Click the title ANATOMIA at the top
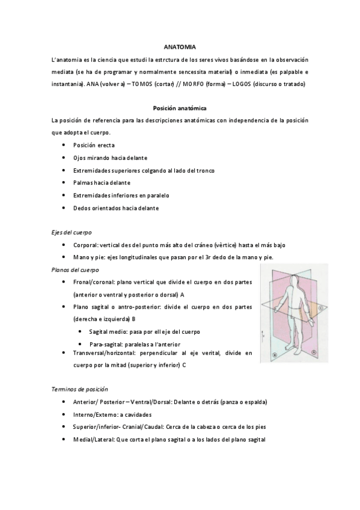point(180,46)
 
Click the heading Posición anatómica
point(180,108)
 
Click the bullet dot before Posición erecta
point(64,146)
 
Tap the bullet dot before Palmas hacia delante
point(64,183)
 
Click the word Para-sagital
point(106,343)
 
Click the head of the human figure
point(293,280)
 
